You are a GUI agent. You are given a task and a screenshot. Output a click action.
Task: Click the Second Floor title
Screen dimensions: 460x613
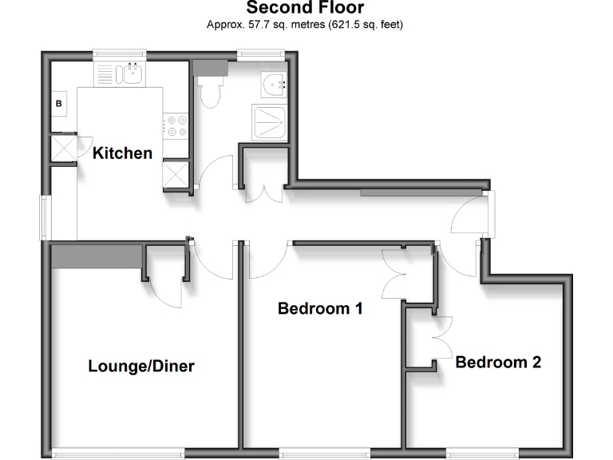point(306,9)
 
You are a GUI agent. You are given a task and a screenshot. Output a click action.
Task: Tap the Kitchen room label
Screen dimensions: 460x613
point(123,153)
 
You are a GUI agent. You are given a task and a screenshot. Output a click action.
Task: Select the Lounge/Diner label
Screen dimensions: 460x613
point(141,367)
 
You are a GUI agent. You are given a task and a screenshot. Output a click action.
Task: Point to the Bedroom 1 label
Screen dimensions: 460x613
point(321,308)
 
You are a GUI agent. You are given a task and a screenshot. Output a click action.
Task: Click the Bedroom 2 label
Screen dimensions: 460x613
point(499,362)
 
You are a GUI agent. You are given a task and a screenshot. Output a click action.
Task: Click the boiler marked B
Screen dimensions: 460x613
point(59,104)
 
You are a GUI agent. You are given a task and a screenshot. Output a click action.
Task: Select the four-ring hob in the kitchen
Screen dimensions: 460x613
point(176,126)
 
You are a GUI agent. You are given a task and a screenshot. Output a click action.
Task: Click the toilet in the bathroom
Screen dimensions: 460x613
point(211,91)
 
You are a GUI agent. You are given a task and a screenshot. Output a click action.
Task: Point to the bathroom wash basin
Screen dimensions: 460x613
point(276,82)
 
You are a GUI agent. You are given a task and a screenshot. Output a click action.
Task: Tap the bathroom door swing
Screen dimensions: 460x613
point(216,172)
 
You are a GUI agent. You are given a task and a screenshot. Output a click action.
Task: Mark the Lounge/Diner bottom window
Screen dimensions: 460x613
point(119,455)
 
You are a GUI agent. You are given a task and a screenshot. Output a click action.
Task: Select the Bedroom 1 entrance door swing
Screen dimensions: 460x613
point(268,260)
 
